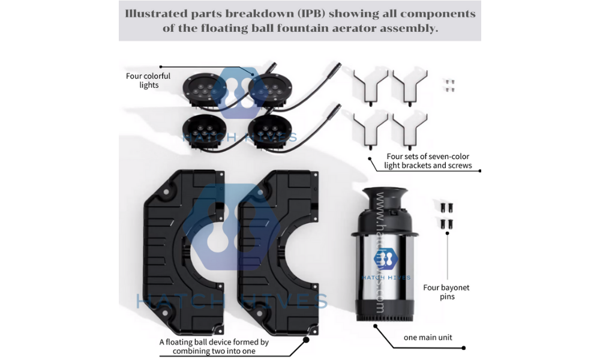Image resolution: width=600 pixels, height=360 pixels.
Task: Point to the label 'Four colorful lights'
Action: [148, 80]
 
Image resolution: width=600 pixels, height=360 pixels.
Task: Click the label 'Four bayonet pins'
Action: [446, 292]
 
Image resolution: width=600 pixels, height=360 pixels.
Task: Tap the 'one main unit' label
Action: [428, 337]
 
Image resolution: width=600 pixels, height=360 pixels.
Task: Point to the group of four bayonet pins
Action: [446, 216]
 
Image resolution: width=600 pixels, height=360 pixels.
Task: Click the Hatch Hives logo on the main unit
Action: [386, 260]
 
